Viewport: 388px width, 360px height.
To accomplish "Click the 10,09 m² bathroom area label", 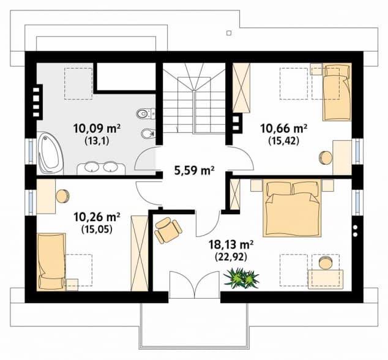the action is tap(97, 129).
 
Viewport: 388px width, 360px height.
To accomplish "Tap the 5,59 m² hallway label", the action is tap(194, 171).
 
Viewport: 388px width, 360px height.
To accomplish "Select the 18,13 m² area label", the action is tap(231, 245).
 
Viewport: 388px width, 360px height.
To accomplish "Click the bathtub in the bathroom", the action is tap(50, 153).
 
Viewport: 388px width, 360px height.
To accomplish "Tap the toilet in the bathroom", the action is tap(146, 114).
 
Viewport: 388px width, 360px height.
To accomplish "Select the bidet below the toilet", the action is tap(147, 134).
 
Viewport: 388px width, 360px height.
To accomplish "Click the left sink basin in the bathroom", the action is tap(92, 167).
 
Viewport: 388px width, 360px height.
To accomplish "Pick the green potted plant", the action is tap(241, 278).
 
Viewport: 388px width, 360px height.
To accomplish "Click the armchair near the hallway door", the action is tap(168, 230).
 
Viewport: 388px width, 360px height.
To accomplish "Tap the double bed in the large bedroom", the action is tap(292, 208).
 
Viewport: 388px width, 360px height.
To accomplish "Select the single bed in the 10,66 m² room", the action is tap(337, 92).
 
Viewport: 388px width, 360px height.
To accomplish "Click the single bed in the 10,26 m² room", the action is tap(51, 261).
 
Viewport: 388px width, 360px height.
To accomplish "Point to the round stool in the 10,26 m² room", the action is tap(63, 196).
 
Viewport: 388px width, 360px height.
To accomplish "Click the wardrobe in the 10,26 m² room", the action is tap(140, 253).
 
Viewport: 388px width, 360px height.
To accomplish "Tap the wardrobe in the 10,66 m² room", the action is tap(242, 88).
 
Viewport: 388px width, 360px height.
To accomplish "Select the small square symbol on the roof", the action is tap(229, 32).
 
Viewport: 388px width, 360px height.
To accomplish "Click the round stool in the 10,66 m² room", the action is tap(326, 158).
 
